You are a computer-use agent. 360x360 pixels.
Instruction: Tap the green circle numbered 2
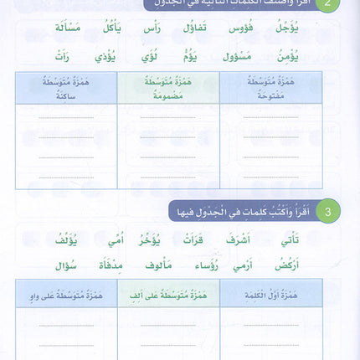tap(332, 5)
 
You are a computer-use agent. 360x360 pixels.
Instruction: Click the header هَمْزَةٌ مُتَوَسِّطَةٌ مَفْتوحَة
tap(270, 85)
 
